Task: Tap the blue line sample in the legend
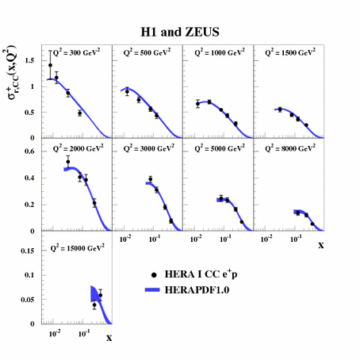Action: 154,289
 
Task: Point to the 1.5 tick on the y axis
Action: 33,60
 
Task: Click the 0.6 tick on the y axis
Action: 33,150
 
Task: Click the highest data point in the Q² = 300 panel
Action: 51,66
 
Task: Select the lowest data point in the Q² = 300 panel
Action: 80,113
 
